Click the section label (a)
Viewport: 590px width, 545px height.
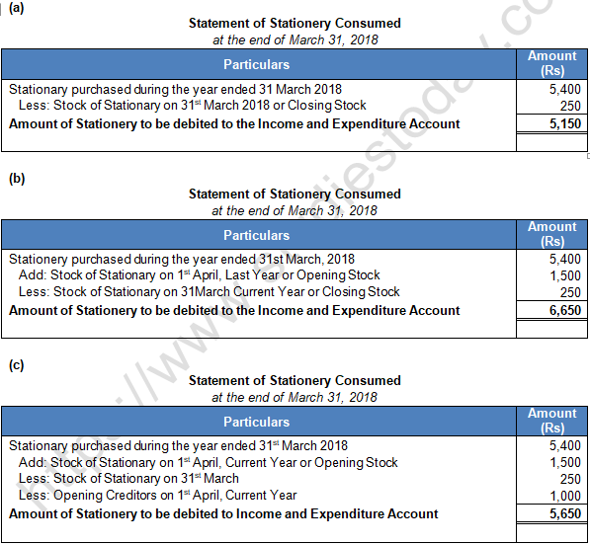15,11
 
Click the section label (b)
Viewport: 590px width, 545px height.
15,179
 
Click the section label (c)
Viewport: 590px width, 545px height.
15,364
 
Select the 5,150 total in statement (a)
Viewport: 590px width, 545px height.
565,124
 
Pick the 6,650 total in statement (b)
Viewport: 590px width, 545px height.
565,310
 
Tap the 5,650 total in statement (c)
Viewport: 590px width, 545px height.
565,514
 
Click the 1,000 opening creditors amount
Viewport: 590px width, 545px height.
565,496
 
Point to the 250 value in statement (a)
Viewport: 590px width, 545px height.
570,106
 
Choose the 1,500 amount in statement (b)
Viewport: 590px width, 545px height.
565,276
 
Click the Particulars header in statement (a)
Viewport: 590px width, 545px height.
257,64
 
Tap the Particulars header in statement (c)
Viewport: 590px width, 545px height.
257,422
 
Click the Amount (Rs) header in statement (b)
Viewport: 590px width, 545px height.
552,234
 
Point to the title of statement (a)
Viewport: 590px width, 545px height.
295,24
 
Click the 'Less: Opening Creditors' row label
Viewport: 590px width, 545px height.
158,496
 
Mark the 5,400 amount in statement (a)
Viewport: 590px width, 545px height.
565,89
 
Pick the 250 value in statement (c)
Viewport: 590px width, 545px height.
570,479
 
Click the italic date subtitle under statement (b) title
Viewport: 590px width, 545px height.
295,210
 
